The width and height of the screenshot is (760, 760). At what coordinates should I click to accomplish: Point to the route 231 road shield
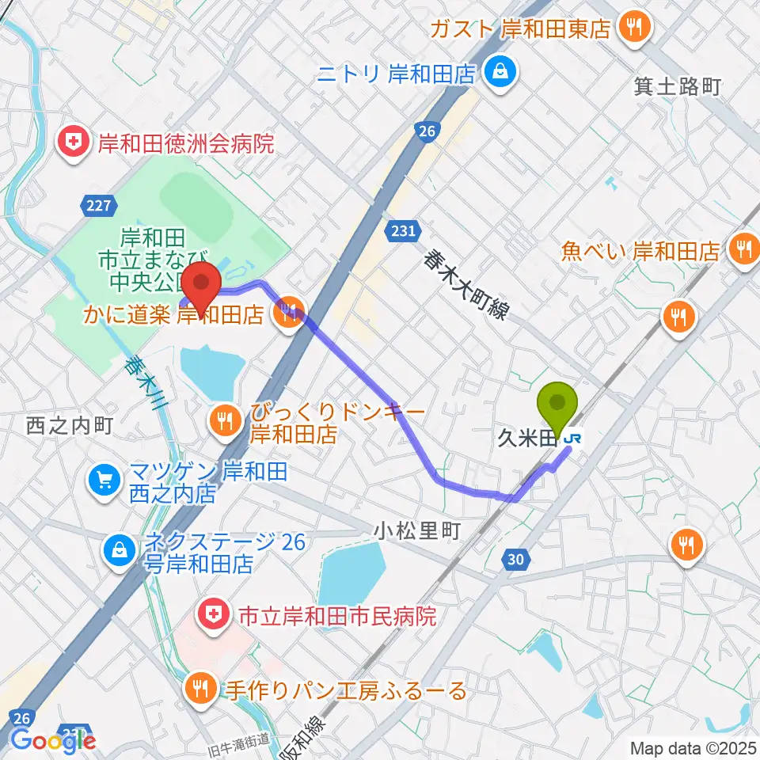[x=401, y=230]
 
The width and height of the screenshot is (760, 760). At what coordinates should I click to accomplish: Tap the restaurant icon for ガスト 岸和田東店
[x=633, y=28]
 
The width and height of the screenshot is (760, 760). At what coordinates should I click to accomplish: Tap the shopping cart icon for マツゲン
[x=104, y=478]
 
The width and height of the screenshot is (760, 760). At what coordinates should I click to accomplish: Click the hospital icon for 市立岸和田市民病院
[x=211, y=615]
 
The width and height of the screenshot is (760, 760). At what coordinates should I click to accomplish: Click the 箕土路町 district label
[x=678, y=86]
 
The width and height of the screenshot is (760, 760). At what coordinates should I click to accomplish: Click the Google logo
[x=54, y=739]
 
